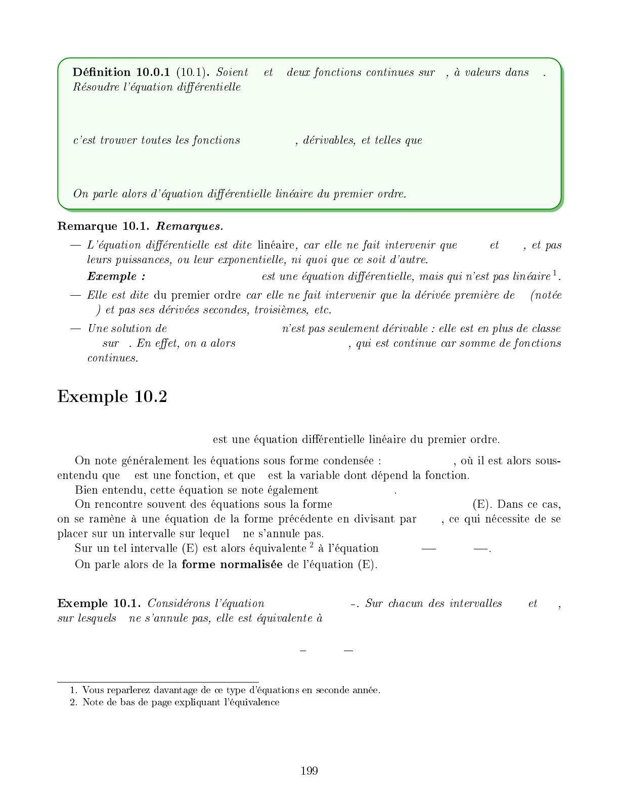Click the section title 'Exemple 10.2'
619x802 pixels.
[x=112, y=396]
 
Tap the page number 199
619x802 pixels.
[x=309, y=771]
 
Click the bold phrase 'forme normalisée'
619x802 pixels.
[x=232, y=564]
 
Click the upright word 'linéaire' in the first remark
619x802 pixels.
[x=276, y=246]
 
